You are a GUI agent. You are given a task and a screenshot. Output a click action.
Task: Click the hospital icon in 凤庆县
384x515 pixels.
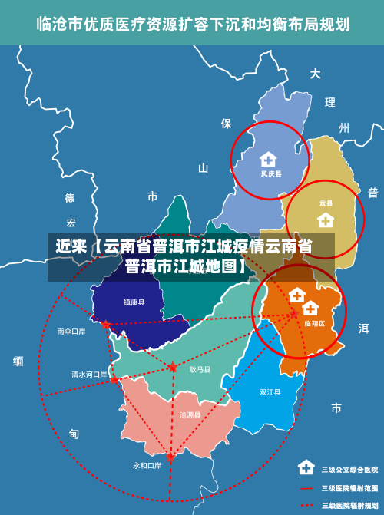click(x=267, y=160)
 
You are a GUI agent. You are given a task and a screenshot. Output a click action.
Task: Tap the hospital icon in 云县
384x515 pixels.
click(x=326, y=220)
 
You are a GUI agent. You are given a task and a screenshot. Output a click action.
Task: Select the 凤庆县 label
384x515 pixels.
click(x=270, y=174)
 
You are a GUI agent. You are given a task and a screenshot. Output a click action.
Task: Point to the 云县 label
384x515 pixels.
click(x=326, y=203)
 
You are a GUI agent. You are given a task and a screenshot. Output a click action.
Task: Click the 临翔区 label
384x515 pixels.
click(x=314, y=324)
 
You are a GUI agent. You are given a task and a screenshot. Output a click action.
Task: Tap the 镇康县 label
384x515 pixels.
click(x=134, y=302)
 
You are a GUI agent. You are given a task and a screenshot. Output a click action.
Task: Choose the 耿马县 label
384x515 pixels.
click(x=200, y=369)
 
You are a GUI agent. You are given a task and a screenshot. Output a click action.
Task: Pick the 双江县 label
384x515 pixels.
click(x=270, y=392)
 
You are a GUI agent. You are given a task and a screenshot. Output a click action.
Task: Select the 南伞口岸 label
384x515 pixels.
click(x=71, y=332)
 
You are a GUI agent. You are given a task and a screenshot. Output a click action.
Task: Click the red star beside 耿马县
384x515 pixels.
click(x=173, y=367)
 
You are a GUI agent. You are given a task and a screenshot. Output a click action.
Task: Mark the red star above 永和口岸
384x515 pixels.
click(x=170, y=456)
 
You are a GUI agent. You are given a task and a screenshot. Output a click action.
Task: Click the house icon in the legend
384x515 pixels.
click(x=306, y=467)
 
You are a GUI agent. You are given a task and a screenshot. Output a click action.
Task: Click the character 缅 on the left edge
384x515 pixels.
click(x=18, y=361)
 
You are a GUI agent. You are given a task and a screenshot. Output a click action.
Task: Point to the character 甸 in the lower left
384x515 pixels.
click(x=74, y=434)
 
